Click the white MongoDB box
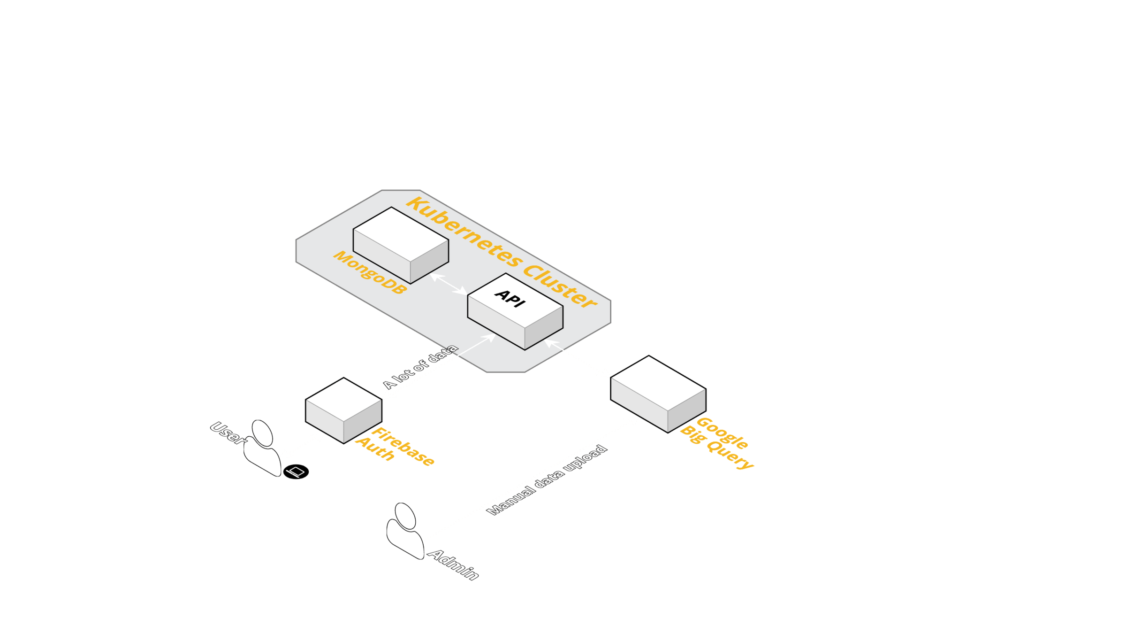pos(401,244)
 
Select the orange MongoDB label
pos(370,272)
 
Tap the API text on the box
pos(510,298)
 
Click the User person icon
pos(262,448)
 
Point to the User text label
pos(227,433)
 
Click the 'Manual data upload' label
pos(547,479)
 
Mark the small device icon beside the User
pos(297,471)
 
